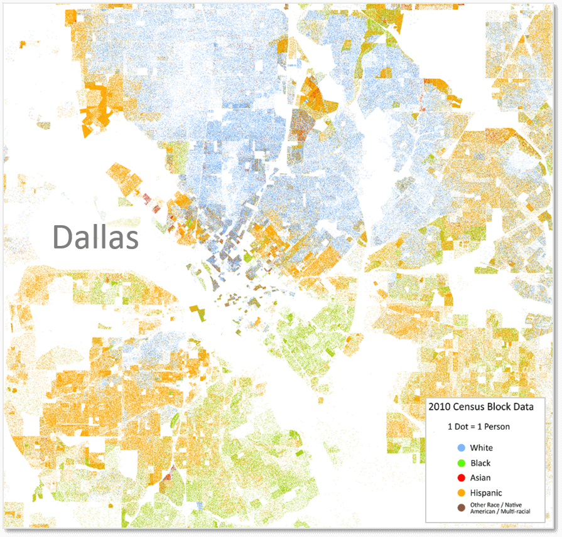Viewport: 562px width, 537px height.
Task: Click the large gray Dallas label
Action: click(95, 238)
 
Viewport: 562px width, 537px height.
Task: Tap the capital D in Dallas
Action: click(62, 238)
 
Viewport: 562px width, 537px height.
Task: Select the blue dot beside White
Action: click(462, 448)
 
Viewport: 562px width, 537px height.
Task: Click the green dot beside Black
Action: click(462, 463)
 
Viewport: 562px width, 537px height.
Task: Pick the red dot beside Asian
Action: click(462, 478)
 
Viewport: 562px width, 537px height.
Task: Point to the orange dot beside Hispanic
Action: click(462, 493)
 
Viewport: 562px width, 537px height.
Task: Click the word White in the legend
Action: click(482, 448)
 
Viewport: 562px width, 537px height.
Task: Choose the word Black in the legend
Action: click(480, 463)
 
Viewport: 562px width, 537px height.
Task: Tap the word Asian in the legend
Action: click(481, 478)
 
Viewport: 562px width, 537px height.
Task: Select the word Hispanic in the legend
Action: click(486, 493)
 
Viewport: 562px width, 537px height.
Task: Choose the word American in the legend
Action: click(485, 513)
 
